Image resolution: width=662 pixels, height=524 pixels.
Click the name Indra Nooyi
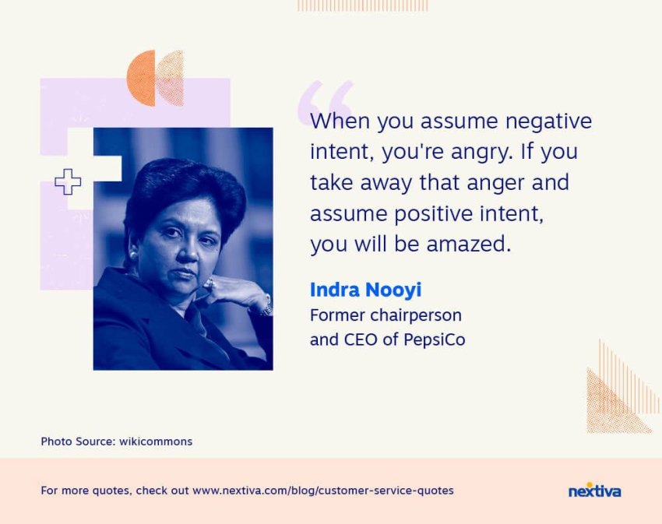(x=365, y=290)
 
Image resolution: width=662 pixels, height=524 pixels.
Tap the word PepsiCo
(x=434, y=339)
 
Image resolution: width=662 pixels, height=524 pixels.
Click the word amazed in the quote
(x=465, y=244)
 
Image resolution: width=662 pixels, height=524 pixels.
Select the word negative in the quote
(x=548, y=121)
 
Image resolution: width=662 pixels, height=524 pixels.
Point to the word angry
(x=481, y=153)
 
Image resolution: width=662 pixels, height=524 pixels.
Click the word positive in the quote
(x=434, y=214)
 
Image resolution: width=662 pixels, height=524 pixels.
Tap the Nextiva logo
(x=594, y=491)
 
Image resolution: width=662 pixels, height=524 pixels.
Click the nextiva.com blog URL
(x=323, y=491)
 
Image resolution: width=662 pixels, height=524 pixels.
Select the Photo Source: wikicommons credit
(x=117, y=441)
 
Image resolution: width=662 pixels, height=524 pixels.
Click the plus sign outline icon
(x=68, y=182)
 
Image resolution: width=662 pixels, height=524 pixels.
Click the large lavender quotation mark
(x=326, y=101)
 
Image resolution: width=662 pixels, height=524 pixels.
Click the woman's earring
(x=133, y=255)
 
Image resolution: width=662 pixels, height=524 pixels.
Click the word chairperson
(x=415, y=316)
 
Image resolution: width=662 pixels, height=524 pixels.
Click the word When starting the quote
(x=340, y=121)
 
